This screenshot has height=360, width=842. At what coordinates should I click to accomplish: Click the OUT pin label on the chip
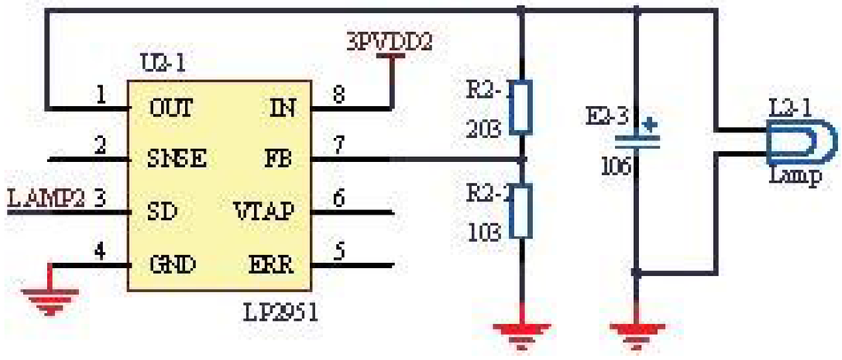coord(171,108)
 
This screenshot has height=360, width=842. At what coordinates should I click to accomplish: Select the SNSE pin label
coord(176,159)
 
